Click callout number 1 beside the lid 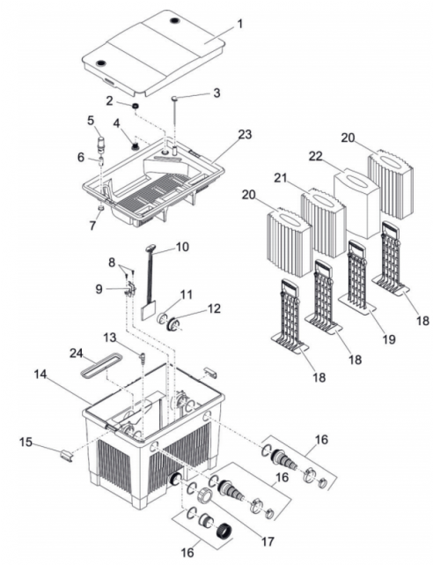239,24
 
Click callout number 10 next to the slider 183,247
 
